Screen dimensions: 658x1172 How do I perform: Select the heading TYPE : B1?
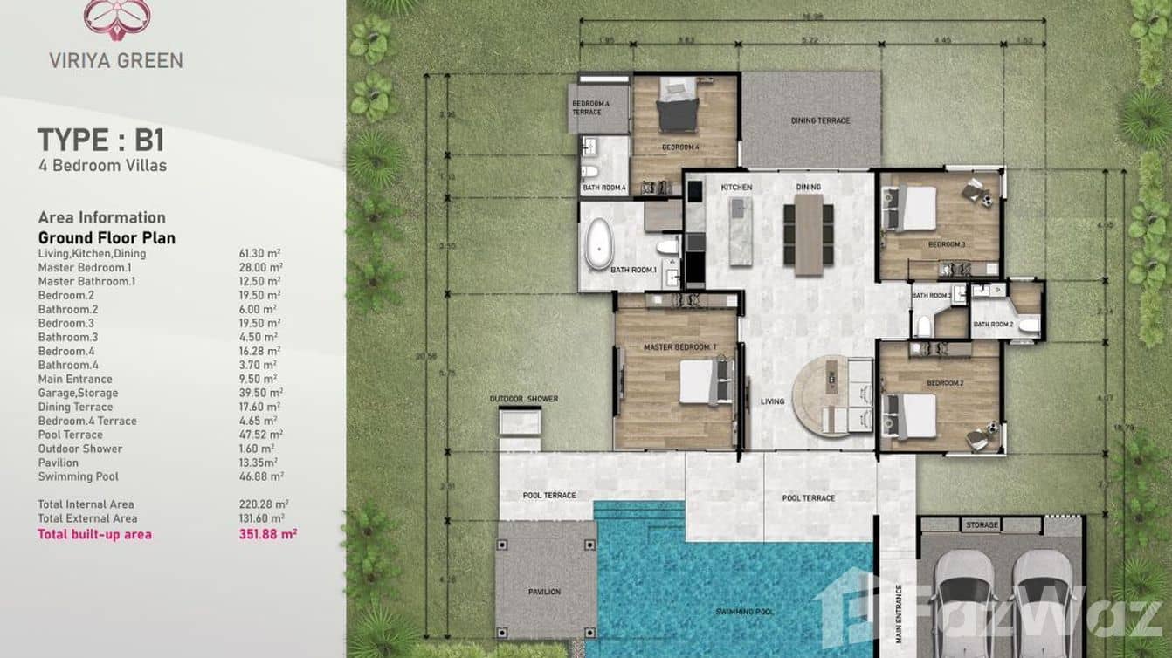point(100,141)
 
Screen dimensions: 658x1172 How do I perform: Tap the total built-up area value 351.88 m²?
point(267,534)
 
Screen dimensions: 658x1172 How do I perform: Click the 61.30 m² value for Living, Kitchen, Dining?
point(259,254)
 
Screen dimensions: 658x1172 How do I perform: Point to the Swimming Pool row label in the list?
point(78,476)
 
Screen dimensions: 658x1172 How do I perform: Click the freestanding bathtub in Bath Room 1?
point(599,243)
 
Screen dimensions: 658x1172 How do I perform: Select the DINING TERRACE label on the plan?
point(819,120)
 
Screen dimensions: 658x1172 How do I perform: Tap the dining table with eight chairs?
point(808,234)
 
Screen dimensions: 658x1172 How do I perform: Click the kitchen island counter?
point(740,231)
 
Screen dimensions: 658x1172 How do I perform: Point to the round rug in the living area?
point(821,395)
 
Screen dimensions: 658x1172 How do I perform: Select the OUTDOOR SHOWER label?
point(523,399)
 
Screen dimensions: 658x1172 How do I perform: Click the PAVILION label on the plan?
point(544,592)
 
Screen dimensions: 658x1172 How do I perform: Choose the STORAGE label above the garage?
point(982,525)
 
